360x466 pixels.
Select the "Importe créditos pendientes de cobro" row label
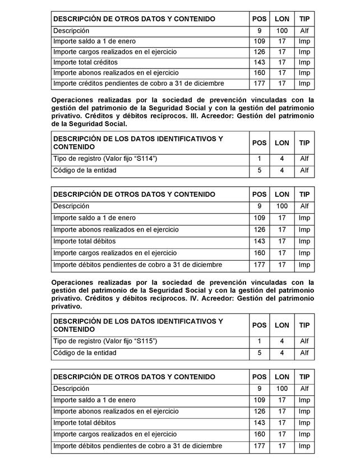(139, 84)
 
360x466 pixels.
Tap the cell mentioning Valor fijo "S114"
(105, 159)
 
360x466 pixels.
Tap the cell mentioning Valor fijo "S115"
(105, 341)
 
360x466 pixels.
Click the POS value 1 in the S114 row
(259, 159)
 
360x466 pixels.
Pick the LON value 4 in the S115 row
(281, 341)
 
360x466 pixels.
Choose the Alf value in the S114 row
(304, 159)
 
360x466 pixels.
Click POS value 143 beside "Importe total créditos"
(259, 62)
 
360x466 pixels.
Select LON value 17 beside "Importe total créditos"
(281, 62)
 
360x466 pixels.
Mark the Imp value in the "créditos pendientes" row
(304, 84)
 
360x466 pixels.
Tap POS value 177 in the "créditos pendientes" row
(259, 84)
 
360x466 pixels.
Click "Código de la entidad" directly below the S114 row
(85, 170)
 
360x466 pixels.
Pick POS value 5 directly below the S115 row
(259, 353)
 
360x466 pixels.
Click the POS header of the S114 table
(259, 142)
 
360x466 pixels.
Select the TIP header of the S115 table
(304, 325)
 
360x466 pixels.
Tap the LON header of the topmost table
(281, 19)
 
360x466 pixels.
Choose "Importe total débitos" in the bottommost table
(84, 423)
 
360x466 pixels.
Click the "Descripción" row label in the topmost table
(71, 31)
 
